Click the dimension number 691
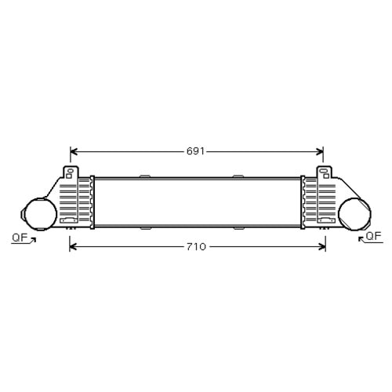coord(196,151)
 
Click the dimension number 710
coord(196,247)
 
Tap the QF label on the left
coord(20,236)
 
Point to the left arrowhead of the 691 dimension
coord(74,151)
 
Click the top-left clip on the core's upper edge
coord(145,176)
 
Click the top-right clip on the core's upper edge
coord(239,176)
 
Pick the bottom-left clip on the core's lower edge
coord(145,228)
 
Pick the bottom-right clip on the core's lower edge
coord(239,228)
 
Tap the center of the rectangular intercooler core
coord(196,202)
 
